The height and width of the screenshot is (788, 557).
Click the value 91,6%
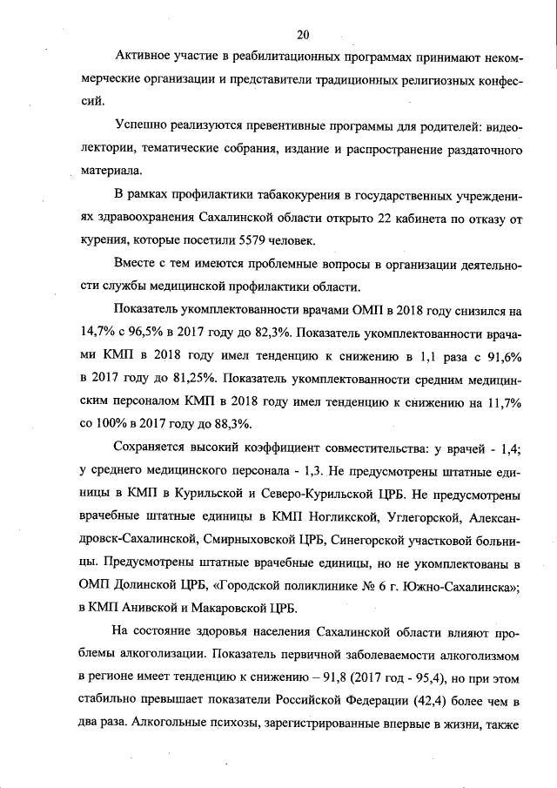pos(507,354)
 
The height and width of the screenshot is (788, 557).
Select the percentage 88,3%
pos(231,422)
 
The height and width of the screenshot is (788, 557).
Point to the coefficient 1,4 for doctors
pos(519,448)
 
